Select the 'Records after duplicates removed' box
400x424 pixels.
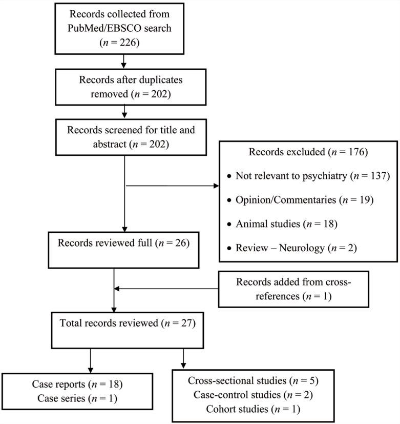point(123,87)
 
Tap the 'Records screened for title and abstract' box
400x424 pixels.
point(123,137)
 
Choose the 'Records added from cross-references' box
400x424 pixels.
point(293,289)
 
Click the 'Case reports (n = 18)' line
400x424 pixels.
point(77,383)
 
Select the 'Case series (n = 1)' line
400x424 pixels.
point(77,398)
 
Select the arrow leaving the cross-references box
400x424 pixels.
point(166,288)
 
